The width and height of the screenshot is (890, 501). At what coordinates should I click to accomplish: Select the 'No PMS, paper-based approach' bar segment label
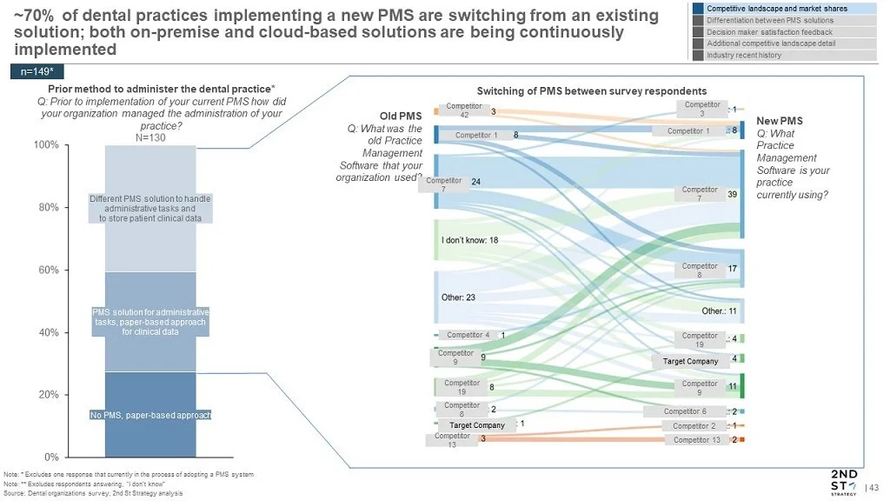pos(150,415)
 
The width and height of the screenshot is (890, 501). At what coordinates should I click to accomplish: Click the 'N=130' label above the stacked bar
pos(150,137)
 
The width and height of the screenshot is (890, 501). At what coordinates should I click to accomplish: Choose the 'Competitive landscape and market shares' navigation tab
pos(777,9)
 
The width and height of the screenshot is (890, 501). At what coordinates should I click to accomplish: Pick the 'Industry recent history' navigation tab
pos(744,55)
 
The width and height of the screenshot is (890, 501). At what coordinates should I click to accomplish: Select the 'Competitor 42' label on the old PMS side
pos(463,110)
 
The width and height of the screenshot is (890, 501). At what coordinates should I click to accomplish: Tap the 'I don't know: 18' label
pos(469,240)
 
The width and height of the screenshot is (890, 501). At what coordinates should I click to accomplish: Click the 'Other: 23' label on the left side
pos(458,297)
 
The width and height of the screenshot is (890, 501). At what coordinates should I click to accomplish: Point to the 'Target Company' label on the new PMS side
pos(691,361)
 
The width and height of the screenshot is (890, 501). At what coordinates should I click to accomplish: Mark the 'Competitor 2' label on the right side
pos(694,426)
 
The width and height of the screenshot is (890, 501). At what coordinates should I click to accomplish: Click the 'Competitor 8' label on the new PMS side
pos(700,271)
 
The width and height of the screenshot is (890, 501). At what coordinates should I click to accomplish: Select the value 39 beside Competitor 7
pos(732,195)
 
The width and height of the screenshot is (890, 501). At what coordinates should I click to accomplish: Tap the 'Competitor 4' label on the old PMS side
pos(468,335)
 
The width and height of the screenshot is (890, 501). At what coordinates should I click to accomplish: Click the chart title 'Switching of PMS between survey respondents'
pos(592,91)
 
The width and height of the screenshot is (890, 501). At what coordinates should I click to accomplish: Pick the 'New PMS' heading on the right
pos(780,122)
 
